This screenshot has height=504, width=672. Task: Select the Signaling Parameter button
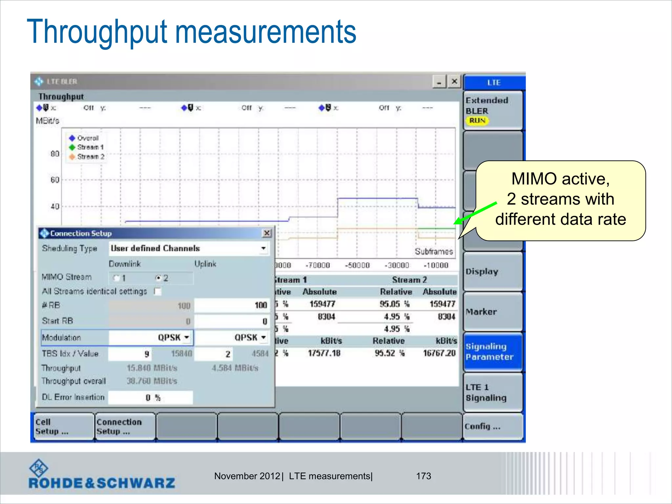493,352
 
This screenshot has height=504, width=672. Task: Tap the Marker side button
493,312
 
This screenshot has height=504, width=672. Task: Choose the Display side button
493,271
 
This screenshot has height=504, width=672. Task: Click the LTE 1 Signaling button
493,392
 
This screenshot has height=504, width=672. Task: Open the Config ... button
493,426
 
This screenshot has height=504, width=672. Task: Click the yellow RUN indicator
477,121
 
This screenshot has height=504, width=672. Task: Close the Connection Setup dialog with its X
267,233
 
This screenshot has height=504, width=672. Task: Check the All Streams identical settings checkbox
158,291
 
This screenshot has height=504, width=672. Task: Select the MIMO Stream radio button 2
158,278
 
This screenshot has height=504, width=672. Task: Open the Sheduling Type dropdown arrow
263,248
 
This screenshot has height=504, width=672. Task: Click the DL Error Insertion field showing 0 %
151,398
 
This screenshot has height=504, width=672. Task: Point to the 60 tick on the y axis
55,180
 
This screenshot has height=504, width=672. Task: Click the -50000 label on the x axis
357,265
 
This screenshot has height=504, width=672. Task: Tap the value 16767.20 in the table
439,353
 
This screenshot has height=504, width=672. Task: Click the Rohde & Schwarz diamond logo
39,468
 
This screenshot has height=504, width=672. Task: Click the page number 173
423,476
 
